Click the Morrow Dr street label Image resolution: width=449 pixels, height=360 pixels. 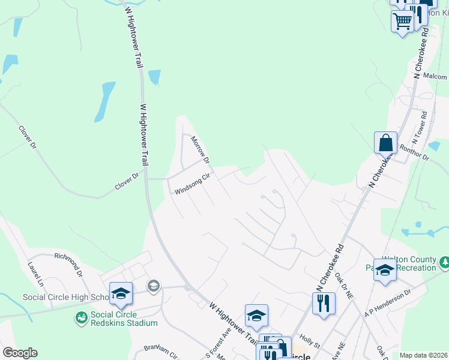coord(200,150)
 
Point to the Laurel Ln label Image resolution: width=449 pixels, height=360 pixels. coord(36,273)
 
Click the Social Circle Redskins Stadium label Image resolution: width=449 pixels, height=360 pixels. coord(124,319)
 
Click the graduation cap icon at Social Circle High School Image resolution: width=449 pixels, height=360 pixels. coord(121,293)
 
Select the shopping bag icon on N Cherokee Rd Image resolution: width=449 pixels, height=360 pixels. coord(385,143)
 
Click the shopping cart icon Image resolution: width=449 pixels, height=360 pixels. coord(402,21)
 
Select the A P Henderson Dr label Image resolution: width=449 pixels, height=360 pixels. coord(388,302)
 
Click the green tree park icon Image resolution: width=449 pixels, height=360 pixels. coord(445,262)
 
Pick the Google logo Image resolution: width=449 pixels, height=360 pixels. coord(20,353)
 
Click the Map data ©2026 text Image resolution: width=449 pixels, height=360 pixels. coord(423,355)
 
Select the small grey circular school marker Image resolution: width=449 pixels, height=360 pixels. coord(154,286)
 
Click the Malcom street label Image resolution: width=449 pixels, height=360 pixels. coord(435,76)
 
